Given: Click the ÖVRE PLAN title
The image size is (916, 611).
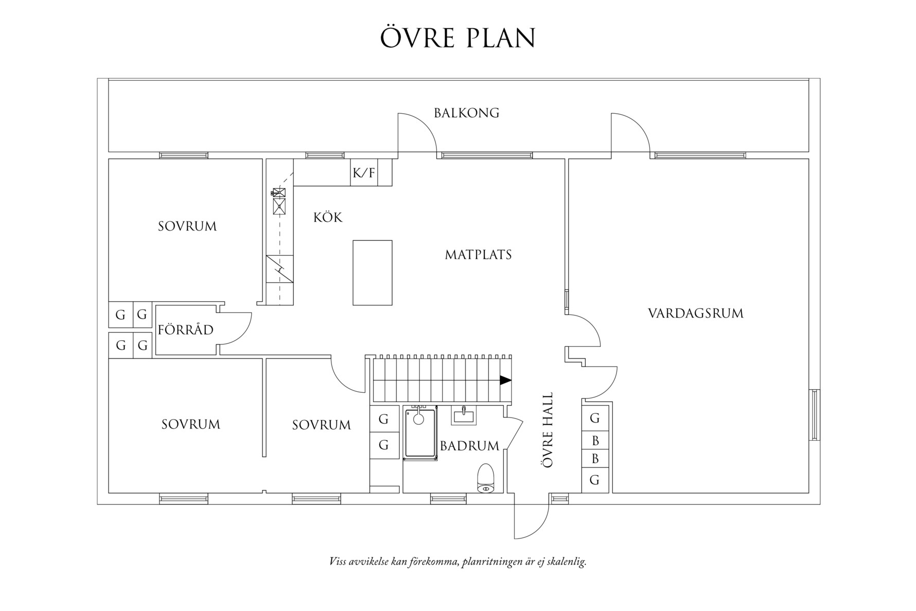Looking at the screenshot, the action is click(457, 37).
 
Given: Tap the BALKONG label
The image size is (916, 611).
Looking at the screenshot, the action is click(466, 113).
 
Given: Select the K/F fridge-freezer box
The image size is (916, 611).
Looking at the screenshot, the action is click(364, 173).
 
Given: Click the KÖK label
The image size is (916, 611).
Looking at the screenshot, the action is click(328, 217).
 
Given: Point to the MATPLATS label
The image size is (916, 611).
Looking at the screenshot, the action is click(478, 254).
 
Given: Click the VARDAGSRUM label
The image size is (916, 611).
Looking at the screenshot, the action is click(695, 313).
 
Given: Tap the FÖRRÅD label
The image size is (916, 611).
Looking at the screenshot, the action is click(186, 329).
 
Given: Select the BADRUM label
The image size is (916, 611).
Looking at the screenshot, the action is click(469, 446).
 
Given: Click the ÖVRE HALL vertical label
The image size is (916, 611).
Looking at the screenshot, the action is click(548, 430).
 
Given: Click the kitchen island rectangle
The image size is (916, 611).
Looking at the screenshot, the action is click(373, 273).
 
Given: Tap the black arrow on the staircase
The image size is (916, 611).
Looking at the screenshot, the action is click(506, 380).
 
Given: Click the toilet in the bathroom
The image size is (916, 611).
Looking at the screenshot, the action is click(485, 478).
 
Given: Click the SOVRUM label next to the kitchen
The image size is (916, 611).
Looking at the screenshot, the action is click(187, 226).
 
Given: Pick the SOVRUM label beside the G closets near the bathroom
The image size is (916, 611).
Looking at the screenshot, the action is click(322, 425).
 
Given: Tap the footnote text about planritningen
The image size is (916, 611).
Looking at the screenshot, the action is click(458, 561).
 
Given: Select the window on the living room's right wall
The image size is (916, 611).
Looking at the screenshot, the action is click(814, 415).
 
